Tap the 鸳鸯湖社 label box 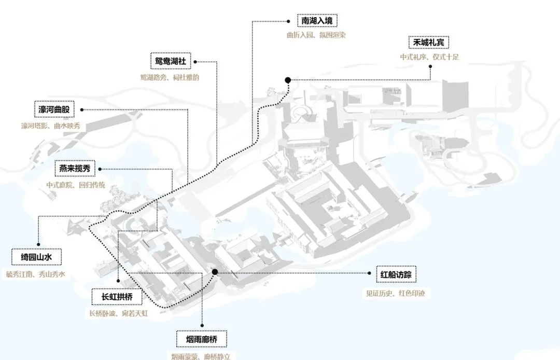point(171,61)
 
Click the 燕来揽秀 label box point(75,169)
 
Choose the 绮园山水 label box point(36,257)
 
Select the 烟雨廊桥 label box point(201,339)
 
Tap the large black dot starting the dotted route point(288,79)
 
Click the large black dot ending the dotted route point(215,272)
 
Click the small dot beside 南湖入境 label point(289,21)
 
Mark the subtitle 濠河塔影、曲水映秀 point(51,126)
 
